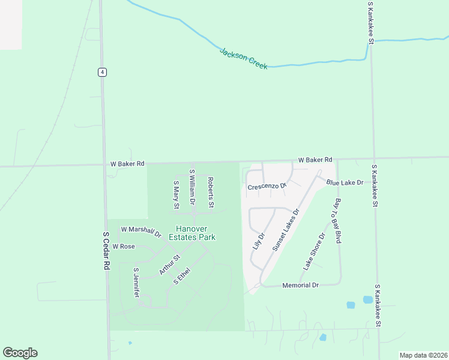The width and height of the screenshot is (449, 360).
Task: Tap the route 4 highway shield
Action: click(103, 72)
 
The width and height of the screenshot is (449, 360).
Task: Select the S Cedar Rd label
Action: click(107, 251)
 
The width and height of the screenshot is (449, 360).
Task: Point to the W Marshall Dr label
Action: click(141, 231)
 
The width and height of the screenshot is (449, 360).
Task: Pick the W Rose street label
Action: click(123, 247)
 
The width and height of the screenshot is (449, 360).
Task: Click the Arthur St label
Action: click(170, 265)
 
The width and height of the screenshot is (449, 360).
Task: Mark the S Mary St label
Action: click(176, 195)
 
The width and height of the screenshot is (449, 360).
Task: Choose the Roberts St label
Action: click(211, 192)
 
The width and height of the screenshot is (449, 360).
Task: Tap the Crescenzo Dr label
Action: click(267, 187)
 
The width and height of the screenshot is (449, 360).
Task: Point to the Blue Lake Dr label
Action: click(345, 182)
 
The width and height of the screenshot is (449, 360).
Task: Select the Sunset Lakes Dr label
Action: click(285, 230)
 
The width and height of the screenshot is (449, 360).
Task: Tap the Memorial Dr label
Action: click(300, 286)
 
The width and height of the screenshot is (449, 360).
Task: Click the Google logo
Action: click(20, 353)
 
